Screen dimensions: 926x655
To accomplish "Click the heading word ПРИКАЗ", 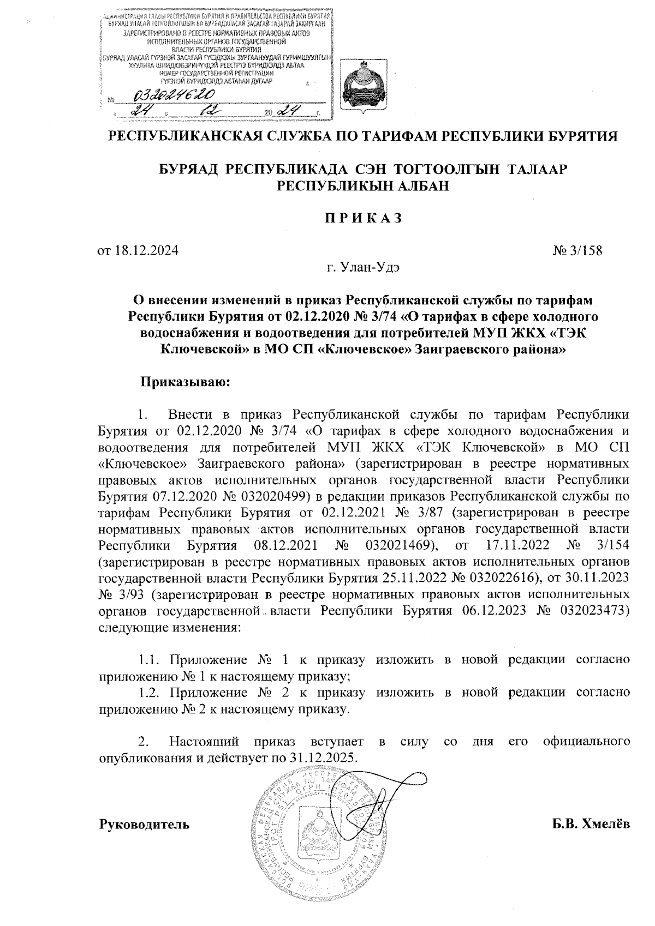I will click(363, 219).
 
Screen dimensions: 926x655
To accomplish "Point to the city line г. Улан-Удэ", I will click(363, 267).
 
